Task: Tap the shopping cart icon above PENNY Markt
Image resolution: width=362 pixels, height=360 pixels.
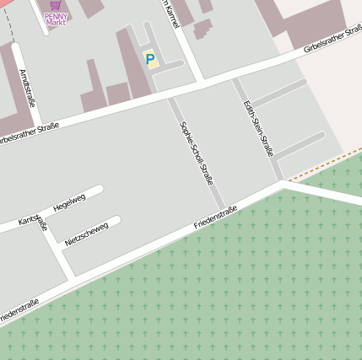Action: pos(56,4)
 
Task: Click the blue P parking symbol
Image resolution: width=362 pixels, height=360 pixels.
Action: pos(150,59)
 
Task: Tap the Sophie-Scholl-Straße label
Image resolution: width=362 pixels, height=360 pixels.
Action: pos(197,153)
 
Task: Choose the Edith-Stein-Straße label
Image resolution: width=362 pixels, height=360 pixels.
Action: pos(257,127)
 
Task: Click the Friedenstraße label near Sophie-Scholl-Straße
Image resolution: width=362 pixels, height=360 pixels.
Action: pos(215,218)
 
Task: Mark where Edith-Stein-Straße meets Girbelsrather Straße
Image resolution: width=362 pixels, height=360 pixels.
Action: pos(235,79)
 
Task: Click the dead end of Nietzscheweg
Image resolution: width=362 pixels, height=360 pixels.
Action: pos(116,221)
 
